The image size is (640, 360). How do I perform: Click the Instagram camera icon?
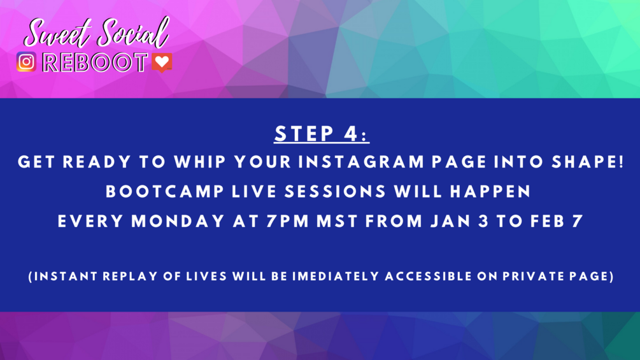pyautogui.click(x=27, y=62)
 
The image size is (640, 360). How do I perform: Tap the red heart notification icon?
pyautogui.click(x=162, y=62)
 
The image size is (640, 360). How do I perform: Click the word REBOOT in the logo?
pyautogui.click(x=95, y=63)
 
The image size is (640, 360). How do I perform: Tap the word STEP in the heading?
pyautogui.click(x=304, y=133)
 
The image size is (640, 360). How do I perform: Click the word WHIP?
pyautogui.click(x=200, y=162)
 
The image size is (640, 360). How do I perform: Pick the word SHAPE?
pyautogui.click(x=588, y=162)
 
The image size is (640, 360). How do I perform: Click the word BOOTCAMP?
pyautogui.click(x=165, y=191)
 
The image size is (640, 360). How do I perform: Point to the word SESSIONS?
pyautogui.click(x=335, y=191)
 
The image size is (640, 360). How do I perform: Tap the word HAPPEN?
pyautogui.click(x=490, y=191)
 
